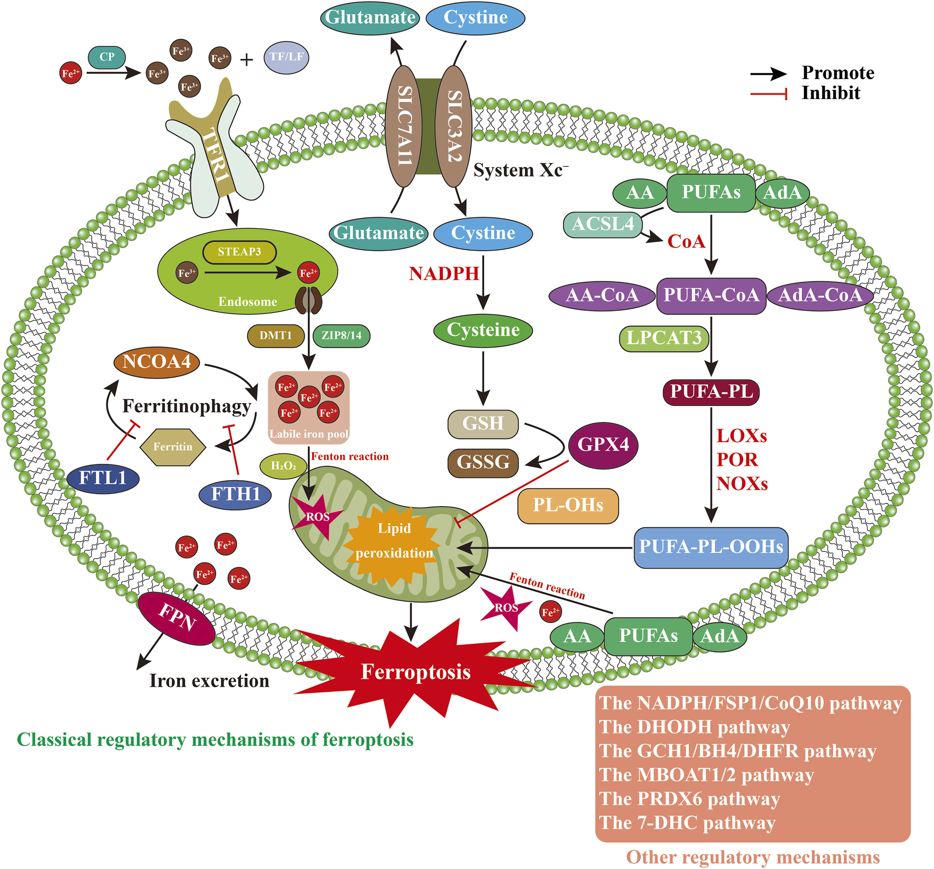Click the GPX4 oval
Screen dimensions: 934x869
click(x=604, y=445)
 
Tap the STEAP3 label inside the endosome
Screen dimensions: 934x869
click(x=239, y=252)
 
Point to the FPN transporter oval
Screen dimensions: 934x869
click(x=177, y=618)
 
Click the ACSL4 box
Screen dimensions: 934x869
click(x=603, y=224)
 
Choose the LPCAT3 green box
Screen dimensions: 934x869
click(x=664, y=338)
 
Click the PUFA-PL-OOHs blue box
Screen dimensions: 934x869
click(x=711, y=548)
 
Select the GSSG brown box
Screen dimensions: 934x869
click(x=483, y=463)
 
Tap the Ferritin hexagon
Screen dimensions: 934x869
click(x=173, y=447)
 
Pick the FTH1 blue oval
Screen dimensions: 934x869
click(x=236, y=494)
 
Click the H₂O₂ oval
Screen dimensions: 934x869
click(x=284, y=466)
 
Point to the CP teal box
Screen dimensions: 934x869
click(x=107, y=57)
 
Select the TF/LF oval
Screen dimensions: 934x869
click(x=286, y=57)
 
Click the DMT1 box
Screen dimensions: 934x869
click(x=276, y=336)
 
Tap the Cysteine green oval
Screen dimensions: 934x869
click(x=483, y=330)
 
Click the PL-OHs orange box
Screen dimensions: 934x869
click(x=568, y=505)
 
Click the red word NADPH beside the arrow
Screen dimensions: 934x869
click(x=444, y=274)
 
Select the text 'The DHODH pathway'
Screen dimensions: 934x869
click(x=695, y=727)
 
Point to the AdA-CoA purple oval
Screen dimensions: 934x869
click(x=820, y=295)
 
